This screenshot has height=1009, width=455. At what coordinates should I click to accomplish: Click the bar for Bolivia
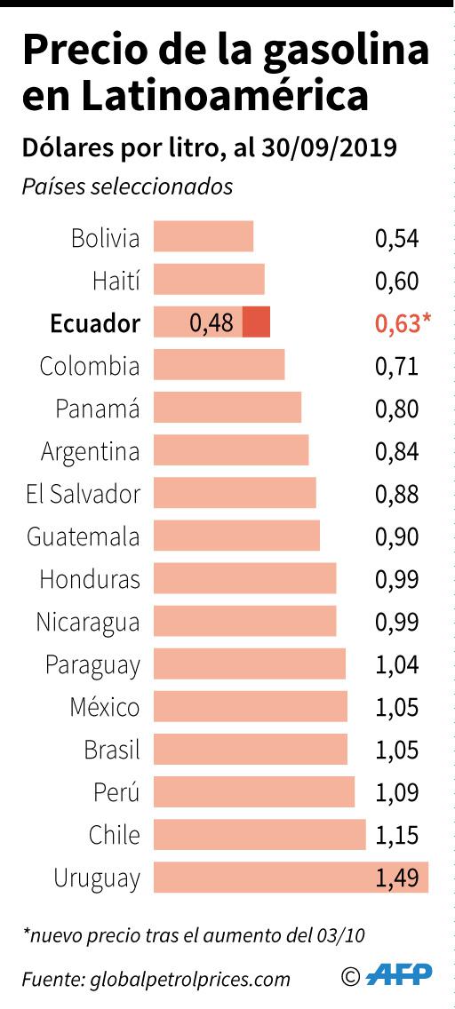[204, 237]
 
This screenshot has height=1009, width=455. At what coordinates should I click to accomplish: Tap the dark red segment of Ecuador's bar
[256, 322]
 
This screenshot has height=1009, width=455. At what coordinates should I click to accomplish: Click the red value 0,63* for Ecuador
[403, 323]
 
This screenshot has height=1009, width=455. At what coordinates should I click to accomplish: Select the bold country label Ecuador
[95, 323]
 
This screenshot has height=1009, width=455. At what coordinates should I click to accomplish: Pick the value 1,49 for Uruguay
[396, 878]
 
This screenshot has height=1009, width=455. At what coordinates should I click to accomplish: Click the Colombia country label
[90, 366]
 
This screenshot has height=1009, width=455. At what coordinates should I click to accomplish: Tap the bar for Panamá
[227, 408]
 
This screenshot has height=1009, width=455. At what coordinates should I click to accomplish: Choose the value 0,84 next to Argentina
[396, 451]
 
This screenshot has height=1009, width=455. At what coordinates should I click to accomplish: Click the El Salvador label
[83, 494]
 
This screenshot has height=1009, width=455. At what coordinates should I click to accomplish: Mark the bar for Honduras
[244, 578]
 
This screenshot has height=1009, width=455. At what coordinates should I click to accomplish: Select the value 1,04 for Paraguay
[396, 664]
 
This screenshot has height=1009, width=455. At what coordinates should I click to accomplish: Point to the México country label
[105, 707]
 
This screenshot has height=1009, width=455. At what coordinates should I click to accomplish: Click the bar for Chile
[259, 835]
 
